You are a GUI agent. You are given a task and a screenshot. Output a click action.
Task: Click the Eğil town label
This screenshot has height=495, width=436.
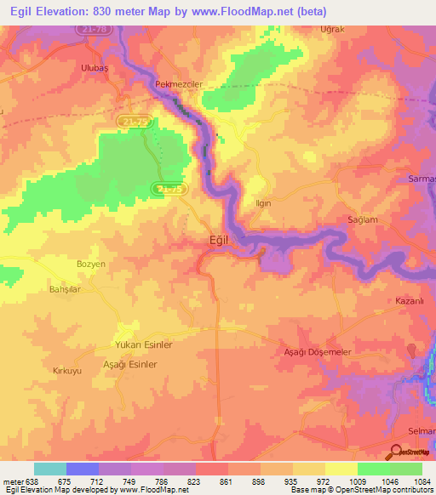click(220, 241)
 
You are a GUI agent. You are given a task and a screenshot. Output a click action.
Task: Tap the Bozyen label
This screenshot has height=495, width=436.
click(90, 265)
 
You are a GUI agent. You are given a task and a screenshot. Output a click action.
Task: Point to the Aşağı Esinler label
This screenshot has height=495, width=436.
click(130, 363)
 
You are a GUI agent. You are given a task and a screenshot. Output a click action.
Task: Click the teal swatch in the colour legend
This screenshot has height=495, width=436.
click(50, 469)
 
